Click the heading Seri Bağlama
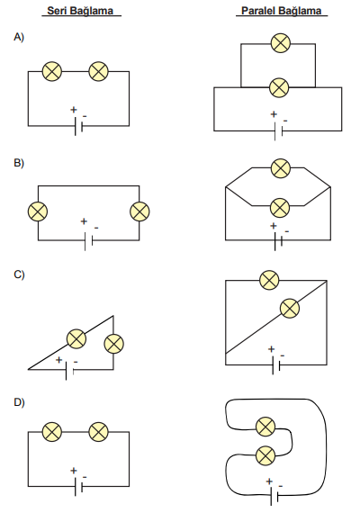[80, 11]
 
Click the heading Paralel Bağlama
[281, 11]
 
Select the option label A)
[19, 37]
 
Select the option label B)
[19, 163]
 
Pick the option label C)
[19, 274]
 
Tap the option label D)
[19, 401]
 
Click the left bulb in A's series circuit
[52, 71]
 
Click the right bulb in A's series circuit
[98, 71]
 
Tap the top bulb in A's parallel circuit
[281, 43]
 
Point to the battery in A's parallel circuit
[278, 130]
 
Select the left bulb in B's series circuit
[38, 211]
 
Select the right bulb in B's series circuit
[139, 211]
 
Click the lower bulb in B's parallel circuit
[280, 208]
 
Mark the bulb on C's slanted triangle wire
[76, 338]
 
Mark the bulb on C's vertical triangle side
[113, 344]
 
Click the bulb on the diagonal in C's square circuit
[290, 308]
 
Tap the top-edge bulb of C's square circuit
[269, 280]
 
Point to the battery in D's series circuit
[78, 487]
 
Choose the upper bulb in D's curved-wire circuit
[265, 427]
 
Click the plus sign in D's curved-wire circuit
[269, 481]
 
